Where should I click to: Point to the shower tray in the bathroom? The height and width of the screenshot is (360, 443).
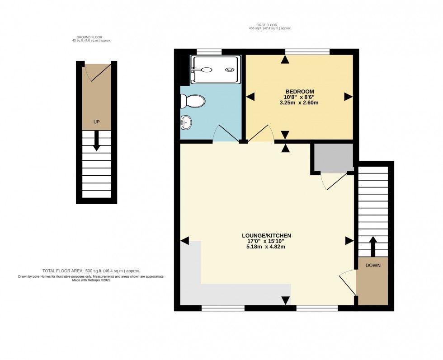pos(216,70)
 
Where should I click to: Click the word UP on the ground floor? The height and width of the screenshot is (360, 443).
pos(96,122)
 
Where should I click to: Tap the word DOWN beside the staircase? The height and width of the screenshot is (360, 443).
pos(373,266)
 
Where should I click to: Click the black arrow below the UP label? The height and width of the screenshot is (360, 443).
pos(96,140)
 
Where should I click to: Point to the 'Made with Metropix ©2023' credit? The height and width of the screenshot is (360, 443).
pos(91,280)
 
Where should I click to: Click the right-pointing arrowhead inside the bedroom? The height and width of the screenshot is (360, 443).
pos(348,97)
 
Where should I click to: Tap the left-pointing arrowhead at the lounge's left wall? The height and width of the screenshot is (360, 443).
pos(184,241)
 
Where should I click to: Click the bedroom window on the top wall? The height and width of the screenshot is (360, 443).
pos(307,51)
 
